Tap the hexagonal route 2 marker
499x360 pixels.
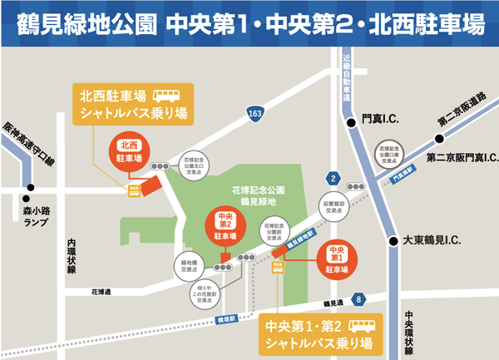tap(333, 178)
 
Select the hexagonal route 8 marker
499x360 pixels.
tap(358, 298)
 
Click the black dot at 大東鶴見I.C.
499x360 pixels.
tap(393, 241)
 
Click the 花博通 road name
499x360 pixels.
tap(102, 292)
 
